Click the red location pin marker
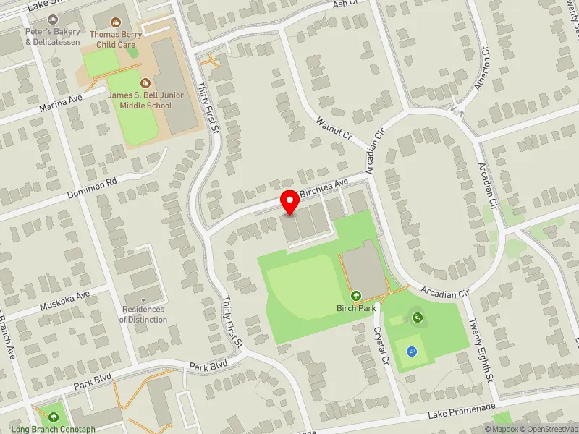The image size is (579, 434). pyautogui.click(x=290, y=203)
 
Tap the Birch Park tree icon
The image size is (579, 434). pyautogui.click(x=356, y=295)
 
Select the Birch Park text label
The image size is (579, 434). pyautogui.click(x=356, y=308)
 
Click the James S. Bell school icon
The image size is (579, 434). pyautogui.click(x=145, y=82)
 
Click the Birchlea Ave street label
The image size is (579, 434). pyautogui.click(x=324, y=190)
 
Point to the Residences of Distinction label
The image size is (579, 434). pyautogui.click(x=143, y=314)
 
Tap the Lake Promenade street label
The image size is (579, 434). pyautogui.click(x=461, y=410)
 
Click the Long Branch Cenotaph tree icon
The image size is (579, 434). pyautogui.click(x=54, y=417)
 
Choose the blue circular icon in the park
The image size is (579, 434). pyautogui.click(x=412, y=352)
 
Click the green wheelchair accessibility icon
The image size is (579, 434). pyautogui.click(x=417, y=316)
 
